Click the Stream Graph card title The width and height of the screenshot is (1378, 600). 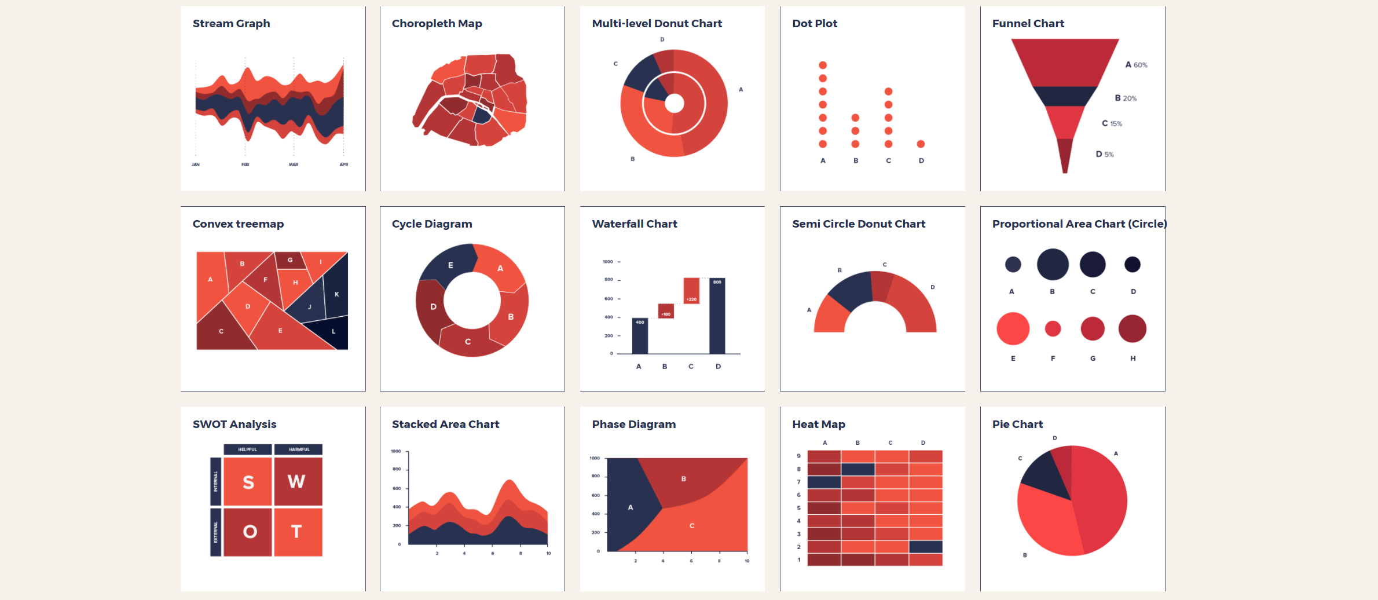pos(231,24)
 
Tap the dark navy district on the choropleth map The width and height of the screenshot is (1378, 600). pos(481,116)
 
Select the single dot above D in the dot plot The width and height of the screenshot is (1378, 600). pos(921,144)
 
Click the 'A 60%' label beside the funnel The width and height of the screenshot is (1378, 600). pos(1136,65)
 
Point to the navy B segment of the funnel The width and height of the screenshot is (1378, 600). pos(1065,96)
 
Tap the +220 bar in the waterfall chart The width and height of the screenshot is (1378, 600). pos(691,290)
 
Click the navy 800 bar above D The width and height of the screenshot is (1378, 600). pos(717,316)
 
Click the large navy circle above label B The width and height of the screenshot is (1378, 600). pos(1052,264)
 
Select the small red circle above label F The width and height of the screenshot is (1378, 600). pos(1053,329)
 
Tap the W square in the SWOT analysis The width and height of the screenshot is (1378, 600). pos(298,481)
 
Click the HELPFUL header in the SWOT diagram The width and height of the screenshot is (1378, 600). pos(247,449)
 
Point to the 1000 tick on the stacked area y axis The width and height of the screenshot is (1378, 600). pos(396,451)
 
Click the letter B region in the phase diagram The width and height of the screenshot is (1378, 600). pos(684,479)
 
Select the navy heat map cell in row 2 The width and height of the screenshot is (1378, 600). pos(925,547)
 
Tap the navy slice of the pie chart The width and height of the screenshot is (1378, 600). pos(1044,476)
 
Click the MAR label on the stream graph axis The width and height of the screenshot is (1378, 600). pos(294,164)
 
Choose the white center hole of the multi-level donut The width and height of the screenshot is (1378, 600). pos(674,103)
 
